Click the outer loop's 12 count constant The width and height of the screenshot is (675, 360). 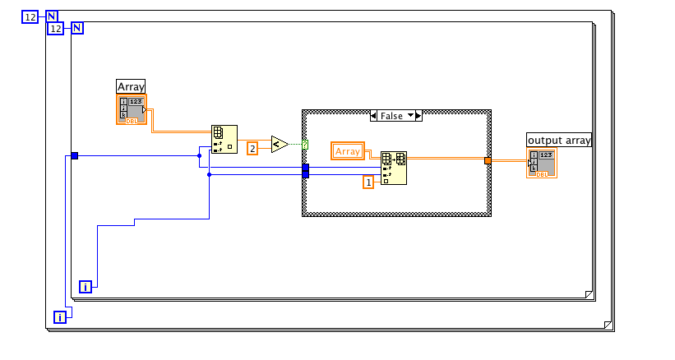(30, 16)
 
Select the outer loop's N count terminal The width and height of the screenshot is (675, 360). (51, 16)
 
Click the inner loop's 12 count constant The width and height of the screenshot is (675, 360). (55, 29)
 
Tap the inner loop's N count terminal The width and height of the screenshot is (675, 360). (77, 29)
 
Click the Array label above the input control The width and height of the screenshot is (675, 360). (131, 86)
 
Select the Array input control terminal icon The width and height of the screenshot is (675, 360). (132, 110)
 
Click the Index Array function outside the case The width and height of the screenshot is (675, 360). (224, 140)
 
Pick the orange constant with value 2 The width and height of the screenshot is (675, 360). (253, 148)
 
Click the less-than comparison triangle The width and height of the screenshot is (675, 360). (280, 145)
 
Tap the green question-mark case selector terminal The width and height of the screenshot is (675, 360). (305, 145)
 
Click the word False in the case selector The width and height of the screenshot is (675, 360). (391, 116)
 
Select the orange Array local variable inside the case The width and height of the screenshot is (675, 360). (348, 151)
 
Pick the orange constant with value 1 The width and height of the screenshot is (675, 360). (369, 182)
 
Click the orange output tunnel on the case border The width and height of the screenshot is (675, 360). (488, 160)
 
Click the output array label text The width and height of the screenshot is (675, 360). (559, 141)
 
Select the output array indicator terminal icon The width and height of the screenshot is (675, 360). (543, 164)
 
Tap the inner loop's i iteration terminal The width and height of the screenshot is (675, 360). (86, 287)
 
